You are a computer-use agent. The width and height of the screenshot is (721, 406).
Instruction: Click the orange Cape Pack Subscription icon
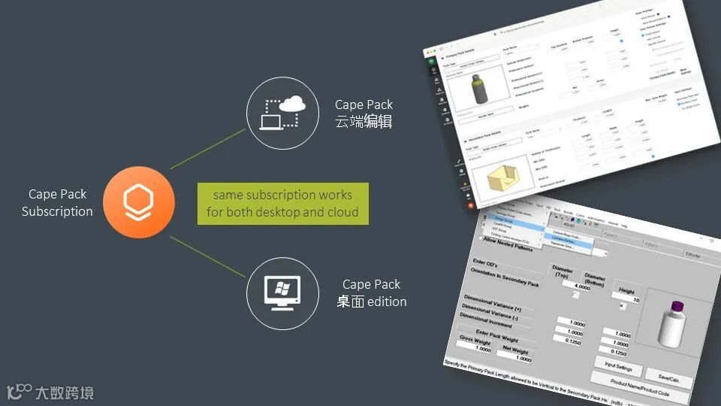pos(139,201)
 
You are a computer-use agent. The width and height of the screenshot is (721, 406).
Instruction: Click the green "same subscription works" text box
pos(283,203)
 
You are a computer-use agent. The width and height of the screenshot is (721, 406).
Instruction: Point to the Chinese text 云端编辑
pos(364,121)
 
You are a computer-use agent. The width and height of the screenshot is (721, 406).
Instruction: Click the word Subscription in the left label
pos(57,211)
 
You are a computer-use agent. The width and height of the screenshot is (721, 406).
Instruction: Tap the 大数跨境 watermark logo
pos(50,392)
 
